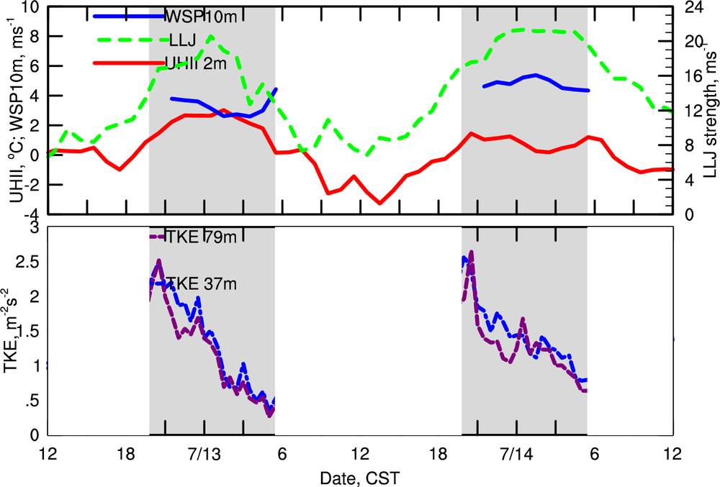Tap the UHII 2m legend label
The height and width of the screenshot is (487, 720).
(196, 63)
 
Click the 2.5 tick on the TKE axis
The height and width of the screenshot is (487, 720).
(28, 262)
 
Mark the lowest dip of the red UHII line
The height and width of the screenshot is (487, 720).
(380, 204)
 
